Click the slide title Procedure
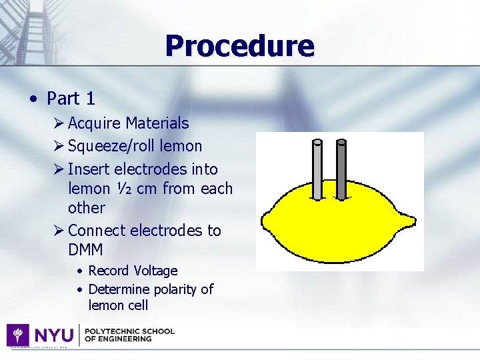point(239,46)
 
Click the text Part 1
point(71,99)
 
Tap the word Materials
point(157,123)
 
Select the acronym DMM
point(85,249)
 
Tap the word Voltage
point(155,271)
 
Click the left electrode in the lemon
point(318,169)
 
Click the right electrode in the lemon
point(341,169)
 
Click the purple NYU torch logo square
point(17,335)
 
